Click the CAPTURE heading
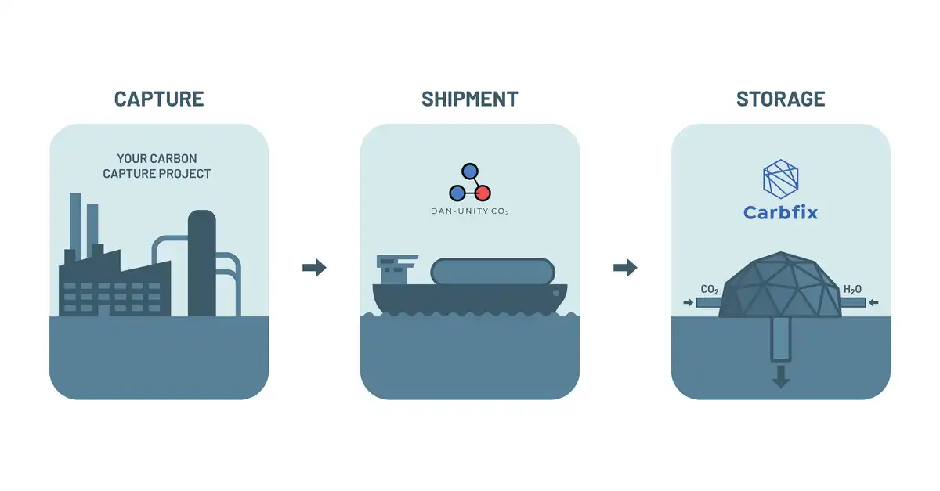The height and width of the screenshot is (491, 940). (x=159, y=99)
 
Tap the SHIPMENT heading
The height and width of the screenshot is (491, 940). (x=469, y=99)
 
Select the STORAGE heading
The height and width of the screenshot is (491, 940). (x=780, y=99)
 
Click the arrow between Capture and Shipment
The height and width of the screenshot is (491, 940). (x=314, y=267)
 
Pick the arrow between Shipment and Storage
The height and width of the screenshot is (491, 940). (x=625, y=267)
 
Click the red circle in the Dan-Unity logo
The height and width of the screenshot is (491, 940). (x=483, y=193)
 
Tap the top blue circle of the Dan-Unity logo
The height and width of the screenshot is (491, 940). (x=469, y=171)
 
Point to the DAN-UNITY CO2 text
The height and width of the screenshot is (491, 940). (x=470, y=211)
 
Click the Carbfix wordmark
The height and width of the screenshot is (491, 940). (x=780, y=212)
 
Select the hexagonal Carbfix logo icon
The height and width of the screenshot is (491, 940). (x=780, y=179)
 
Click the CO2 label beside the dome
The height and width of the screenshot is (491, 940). (x=710, y=290)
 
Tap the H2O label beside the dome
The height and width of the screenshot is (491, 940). (x=852, y=290)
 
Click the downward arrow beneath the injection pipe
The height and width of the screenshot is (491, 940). (x=780, y=377)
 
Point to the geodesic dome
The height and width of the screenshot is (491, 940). (x=780, y=284)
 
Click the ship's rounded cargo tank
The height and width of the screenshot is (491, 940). (x=493, y=272)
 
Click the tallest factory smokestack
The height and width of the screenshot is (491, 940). (x=75, y=226)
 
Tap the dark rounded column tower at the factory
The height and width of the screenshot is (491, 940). (x=202, y=263)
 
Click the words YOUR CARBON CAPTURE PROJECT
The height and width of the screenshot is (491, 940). (x=157, y=166)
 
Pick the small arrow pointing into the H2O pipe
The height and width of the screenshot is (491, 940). (x=873, y=302)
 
